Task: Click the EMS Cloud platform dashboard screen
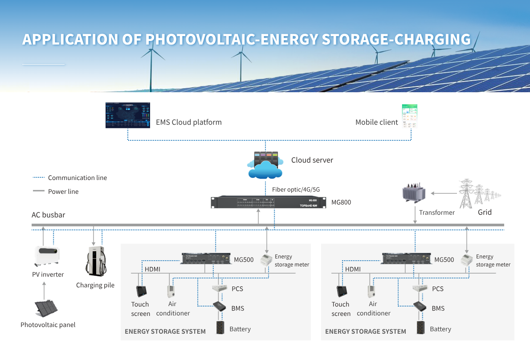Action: tap(128, 115)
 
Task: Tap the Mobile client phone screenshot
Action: tap(409, 116)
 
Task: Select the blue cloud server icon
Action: tap(265, 165)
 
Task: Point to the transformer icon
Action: tap(414, 193)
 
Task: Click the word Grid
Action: tap(485, 213)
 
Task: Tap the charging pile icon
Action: tap(95, 262)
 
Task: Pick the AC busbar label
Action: tap(48, 215)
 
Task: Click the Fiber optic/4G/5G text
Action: tap(296, 190)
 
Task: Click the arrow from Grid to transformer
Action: tap(443, 193)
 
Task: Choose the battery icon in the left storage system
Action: tap(220, 327)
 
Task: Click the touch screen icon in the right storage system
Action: tap(342, 291)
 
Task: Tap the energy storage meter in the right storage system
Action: tap(466, 259)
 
